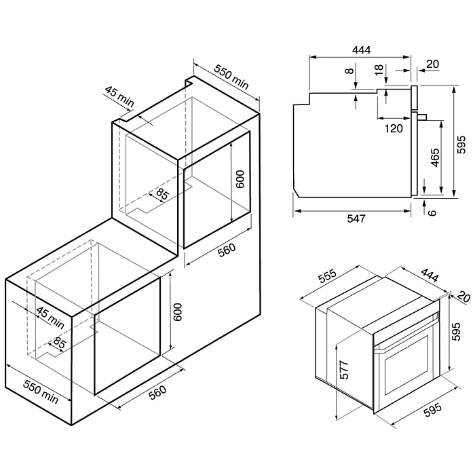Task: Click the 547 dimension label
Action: (x=356, y=218)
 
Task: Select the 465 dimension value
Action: (x=435, y=157)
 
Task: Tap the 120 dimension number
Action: (x=394, y=128)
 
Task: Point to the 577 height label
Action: (x=344, y=370)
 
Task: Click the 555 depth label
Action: (x=328, y=275)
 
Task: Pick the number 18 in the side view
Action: (x=379, y=70)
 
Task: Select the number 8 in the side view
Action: (x=349, y=71)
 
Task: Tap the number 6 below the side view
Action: (x=432, y=212)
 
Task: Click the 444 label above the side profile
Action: (x=361, y=50)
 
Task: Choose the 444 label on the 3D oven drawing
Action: (x=430, y=275)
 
